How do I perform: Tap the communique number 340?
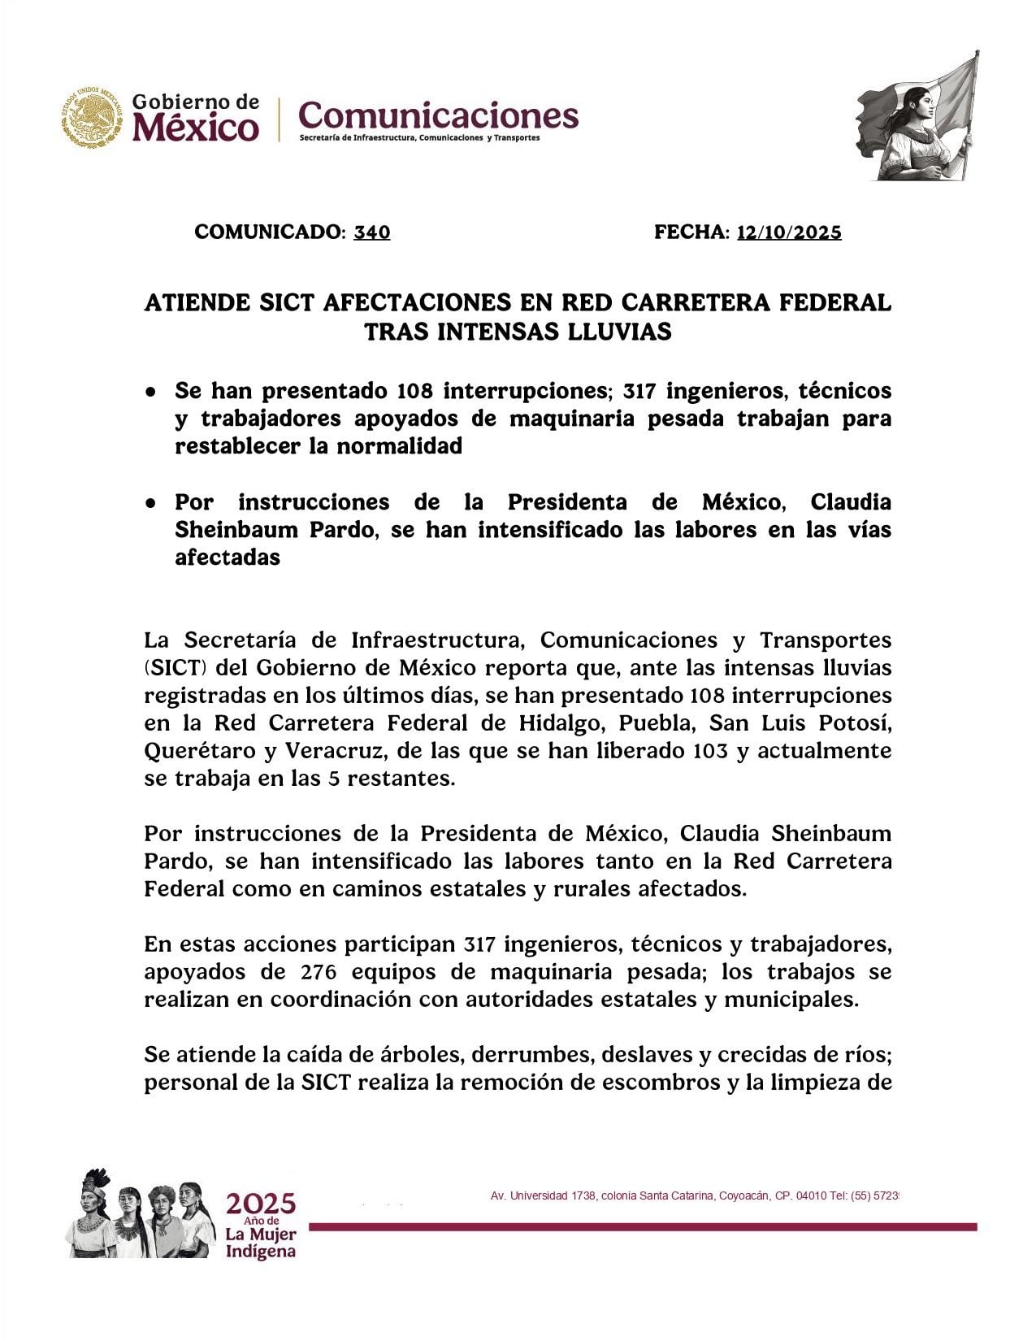click(x=372, y=232)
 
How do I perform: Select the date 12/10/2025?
click(x=789, y=232)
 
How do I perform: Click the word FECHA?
click(x=691, y=232)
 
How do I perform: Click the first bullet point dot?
click(x=151, y=391)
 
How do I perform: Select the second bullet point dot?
click(x=151, y=502)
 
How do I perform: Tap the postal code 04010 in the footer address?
click(x=812, y=1196)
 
